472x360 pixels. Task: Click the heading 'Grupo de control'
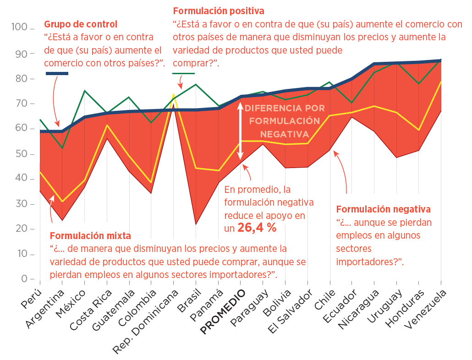point(80,24)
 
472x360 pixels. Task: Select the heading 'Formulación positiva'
point(219,10)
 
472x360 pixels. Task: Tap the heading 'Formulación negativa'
point(383,209)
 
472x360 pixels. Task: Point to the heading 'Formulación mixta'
point(90,236)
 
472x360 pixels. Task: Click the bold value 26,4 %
point(257,228)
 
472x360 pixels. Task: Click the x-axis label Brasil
point(189,301)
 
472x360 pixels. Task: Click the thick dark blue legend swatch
point(57,74)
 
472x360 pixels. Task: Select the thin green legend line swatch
point(183,73)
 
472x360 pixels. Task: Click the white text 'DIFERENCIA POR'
point(285,109)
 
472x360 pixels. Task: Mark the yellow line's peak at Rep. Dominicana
point(174,95)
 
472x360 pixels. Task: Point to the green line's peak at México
point(85,91)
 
